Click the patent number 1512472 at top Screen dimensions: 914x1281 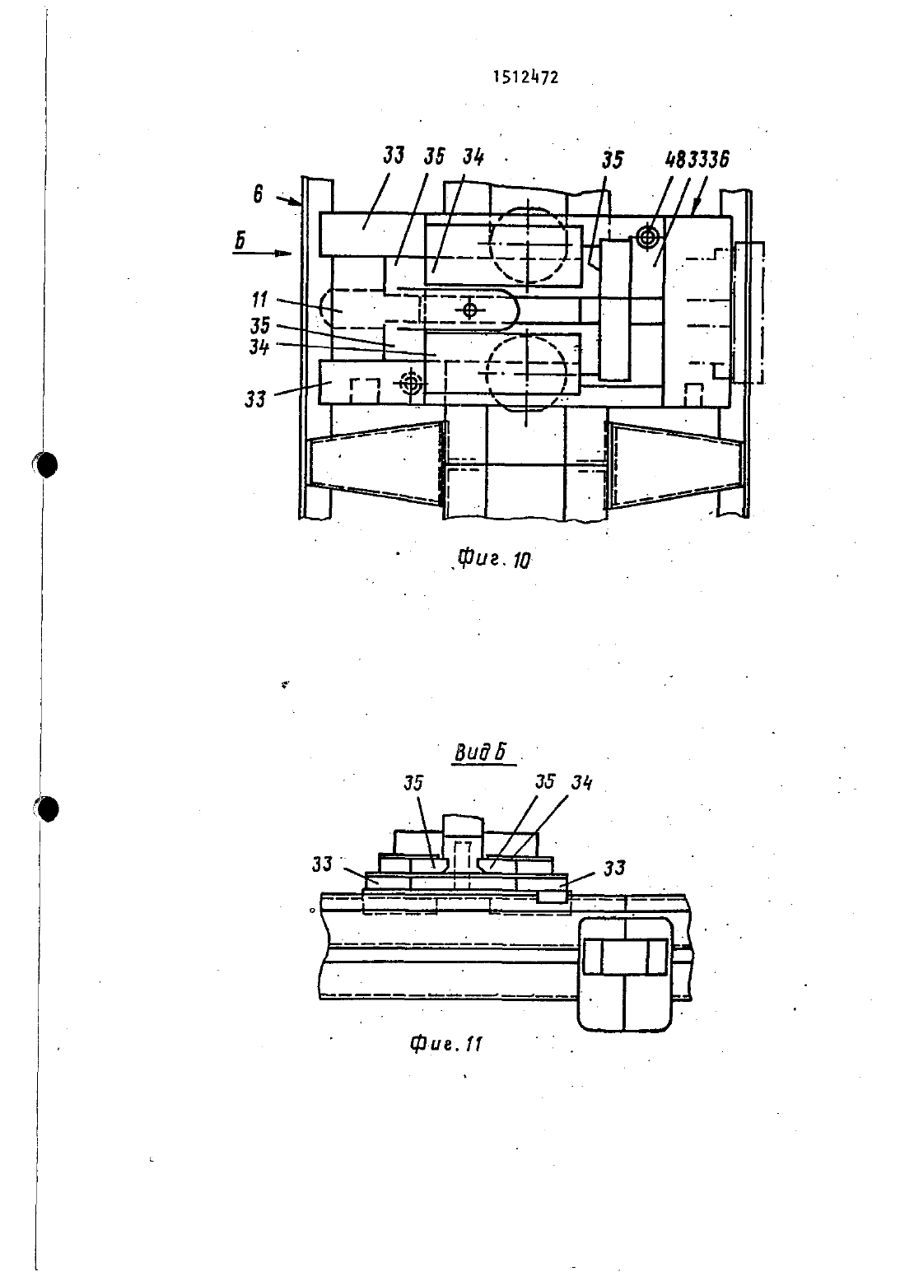(525, 77)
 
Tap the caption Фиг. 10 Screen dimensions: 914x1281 (494, 559)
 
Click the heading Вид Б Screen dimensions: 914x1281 (480, 753)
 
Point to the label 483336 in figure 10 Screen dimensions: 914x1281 (697, 160)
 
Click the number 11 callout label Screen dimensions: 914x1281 (259, 300)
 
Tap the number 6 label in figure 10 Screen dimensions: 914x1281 (258, 195)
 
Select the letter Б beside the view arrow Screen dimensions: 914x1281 (240, 240)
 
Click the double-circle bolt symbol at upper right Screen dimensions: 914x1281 (646, 237)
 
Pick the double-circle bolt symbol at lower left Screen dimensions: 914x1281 (410, 384)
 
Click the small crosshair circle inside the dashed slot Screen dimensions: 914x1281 (469, 310)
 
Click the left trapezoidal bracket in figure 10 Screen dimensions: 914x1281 (375, 463)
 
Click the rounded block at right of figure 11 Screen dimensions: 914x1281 (624, 974)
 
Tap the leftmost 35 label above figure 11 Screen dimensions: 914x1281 (413, 783)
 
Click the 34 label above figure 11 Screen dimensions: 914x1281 (581, 782)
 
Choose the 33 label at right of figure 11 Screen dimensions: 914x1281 (614, 868)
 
